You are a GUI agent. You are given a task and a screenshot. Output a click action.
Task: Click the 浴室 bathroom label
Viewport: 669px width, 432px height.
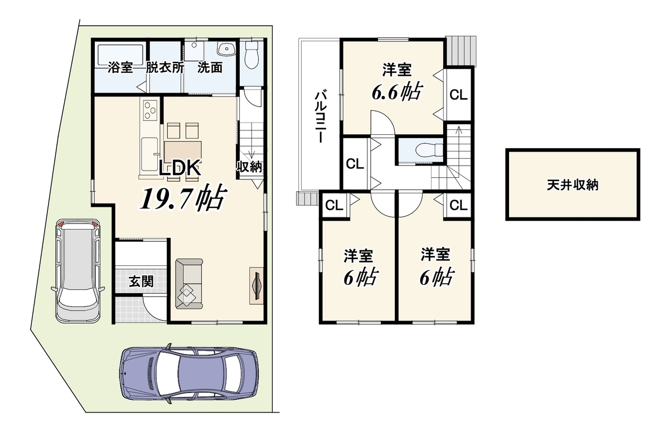(120, 68)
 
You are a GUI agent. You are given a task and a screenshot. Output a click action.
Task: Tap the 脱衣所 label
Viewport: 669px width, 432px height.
(164, 68)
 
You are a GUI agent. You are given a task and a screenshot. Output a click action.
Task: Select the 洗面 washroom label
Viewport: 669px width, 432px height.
(210, 68)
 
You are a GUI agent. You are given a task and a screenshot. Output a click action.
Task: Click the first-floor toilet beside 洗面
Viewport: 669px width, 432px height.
(251, 55)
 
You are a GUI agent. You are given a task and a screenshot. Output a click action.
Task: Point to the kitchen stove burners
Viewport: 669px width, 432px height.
(150, 111)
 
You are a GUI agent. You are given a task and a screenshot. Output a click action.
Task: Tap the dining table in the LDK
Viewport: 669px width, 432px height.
(183, 152)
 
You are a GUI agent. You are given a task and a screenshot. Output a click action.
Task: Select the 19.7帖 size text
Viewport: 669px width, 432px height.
(183, 198)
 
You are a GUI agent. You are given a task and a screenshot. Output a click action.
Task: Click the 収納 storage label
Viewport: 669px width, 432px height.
(249, 167)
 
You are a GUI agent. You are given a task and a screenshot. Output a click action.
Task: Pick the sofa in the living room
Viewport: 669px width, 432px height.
(189, 284)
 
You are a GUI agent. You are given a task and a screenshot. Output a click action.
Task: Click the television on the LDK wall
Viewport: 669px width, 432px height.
(256, 286)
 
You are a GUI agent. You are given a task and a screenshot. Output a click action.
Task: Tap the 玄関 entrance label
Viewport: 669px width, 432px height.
(141, 281)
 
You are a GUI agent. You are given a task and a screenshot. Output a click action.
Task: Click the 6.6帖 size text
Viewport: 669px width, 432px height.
(397, 91)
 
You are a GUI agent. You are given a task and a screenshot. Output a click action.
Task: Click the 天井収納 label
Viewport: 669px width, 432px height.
(573, 185)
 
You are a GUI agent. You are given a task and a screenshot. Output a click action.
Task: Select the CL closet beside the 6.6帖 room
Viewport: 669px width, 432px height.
(458, 95)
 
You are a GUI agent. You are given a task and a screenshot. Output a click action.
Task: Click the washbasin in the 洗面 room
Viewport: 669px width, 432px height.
(227, 49)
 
